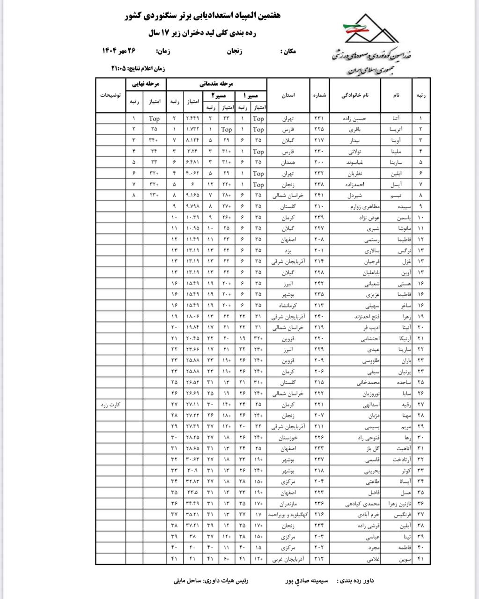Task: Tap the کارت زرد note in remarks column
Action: click(111, 404)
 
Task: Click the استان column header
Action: click(288, 95)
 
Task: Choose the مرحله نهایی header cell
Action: click(147, 84)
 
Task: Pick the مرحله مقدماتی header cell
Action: click(217, 84)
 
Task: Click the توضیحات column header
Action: click(111, 95)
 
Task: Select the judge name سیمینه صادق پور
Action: click(307, 581)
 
